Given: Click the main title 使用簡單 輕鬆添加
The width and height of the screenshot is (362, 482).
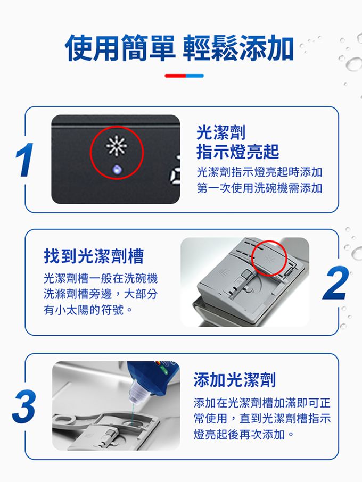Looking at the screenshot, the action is pyautogui.click(x=179, y=48).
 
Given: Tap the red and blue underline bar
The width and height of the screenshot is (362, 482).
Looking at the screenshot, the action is pyautogui.click(x=184, y=76).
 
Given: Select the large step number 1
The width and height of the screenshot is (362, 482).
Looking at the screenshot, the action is pyautogui.click(x=24, y=160).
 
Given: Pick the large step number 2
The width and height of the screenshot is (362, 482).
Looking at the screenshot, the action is pyautogui.click(x=336, y=283).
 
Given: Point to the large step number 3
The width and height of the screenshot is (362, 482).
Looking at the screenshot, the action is pyautogui.click(x=23, y=406).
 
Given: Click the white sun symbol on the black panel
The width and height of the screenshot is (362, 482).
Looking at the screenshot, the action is pyautogui.click(x=117, y=146).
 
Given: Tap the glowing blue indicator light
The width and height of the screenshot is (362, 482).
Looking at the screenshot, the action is pyautogui.click(x=117, y=169).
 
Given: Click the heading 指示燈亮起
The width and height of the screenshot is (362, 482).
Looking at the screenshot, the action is pyautogui.click(x=237, y=152).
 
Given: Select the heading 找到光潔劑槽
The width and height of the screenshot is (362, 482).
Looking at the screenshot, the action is pyautogui.click(x=94, y=256).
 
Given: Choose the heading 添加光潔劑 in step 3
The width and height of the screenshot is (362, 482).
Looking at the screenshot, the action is pyautogui.click(x=234, y=380).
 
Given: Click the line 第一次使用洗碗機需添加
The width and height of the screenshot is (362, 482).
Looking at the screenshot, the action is pyautogui.click(x=259, y=188).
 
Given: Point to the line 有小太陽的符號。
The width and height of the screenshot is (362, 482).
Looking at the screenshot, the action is pyautogui.click(x=88, y=310).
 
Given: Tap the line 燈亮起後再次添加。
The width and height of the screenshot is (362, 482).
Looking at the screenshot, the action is pyautogui.click(x=244, y=434).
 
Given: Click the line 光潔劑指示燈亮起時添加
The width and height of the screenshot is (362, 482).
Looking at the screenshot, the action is pyautogui.click(x=259, y=172).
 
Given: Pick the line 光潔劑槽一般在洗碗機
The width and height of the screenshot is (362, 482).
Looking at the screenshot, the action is pyautogui.click(x=101, y=278).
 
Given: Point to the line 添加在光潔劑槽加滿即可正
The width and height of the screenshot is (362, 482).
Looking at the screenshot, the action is pyautogui.click(x=262, y=403).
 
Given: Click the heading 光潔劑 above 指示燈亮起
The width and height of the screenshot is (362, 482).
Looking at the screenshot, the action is pyautogui.click(x=221, y=132).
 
